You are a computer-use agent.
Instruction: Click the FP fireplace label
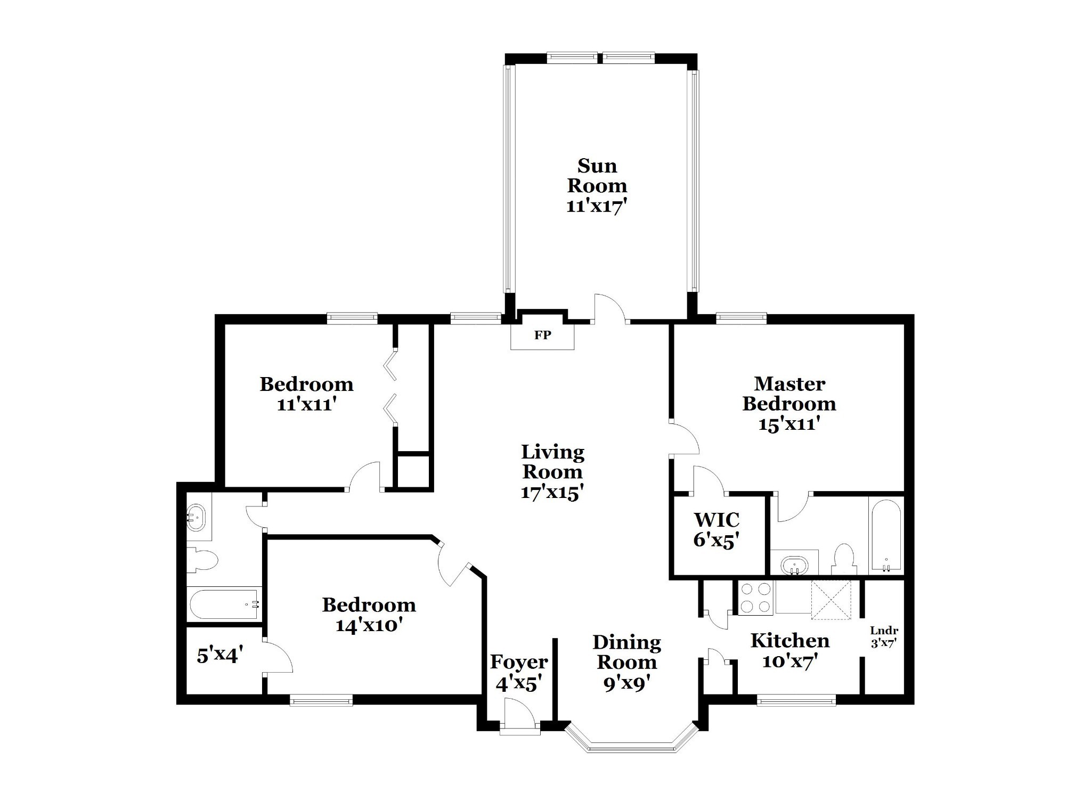(542, 336)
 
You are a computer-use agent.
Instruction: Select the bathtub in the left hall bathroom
(224, 604)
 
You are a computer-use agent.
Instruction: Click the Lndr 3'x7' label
(884, 637)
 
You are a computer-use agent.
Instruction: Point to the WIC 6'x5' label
(717, 529)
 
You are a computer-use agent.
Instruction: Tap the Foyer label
(519, 662)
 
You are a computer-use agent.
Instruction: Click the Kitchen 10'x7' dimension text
(790, 661)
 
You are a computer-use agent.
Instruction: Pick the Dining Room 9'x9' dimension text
(626, 683)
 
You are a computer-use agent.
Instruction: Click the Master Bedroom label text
(789, 393)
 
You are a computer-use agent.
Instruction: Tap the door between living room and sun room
(610, 308)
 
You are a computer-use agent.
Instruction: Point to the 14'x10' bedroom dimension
(368, 625)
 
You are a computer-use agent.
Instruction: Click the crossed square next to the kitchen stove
(831, 600)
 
